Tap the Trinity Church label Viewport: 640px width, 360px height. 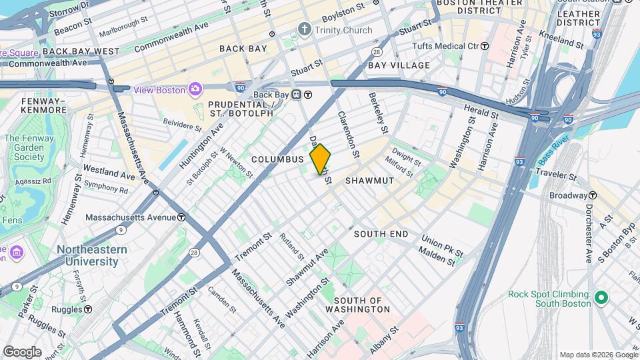pos(343,30)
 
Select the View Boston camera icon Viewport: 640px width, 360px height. pos(195,89)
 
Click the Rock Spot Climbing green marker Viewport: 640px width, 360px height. pos(601,298)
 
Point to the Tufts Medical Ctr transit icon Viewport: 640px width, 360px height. pos(485,46)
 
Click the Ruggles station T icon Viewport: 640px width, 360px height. pos(88,309)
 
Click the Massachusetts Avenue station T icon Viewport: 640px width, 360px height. pos(181,217)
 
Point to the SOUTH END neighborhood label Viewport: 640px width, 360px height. pos(381,234)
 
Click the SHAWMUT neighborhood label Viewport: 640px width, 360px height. pos(370,181)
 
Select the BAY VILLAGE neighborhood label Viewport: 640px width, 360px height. pos(399,65)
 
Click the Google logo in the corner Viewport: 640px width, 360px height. pos(21,352)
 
